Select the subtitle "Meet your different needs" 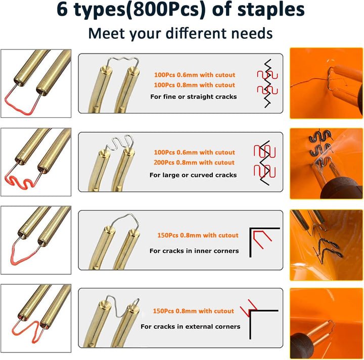click(x=180, y=33)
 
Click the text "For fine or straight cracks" click(x=193, y=96)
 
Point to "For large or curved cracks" click(x=193, y=175)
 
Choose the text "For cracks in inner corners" click(x=194, y=251)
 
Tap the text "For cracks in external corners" click(x=191, y=326)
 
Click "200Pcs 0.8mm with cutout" click(x=194, y=163)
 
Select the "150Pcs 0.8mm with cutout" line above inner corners click(x=198, y=235)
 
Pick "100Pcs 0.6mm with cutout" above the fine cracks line click(x=195, y=75)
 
